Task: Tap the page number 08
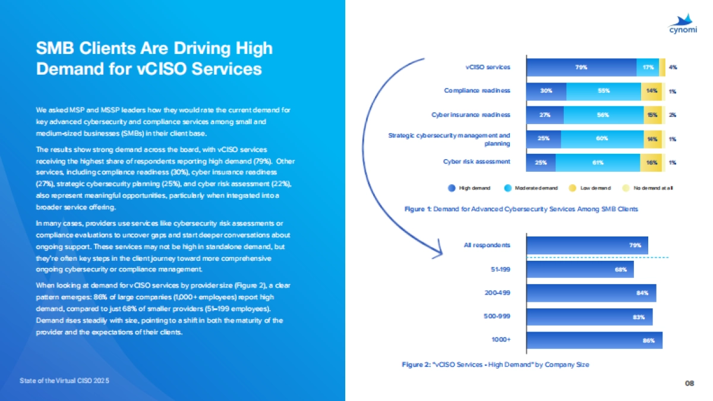689,384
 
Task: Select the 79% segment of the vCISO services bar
581,68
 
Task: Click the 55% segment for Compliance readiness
603,91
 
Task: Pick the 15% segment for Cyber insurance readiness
652,115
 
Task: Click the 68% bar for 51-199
580,269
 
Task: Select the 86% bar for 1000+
594,340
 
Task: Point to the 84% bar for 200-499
591,293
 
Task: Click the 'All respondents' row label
487,245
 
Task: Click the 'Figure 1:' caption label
418,209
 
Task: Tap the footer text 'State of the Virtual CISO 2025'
65,379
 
